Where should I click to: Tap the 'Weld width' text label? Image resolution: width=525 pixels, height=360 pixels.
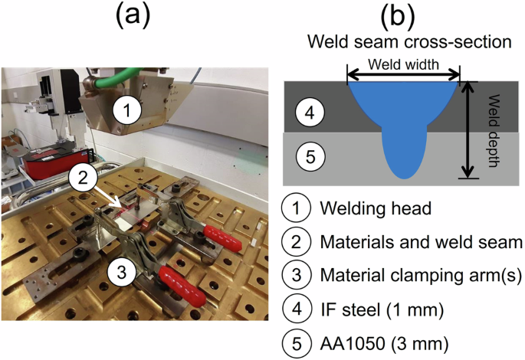point(403,65)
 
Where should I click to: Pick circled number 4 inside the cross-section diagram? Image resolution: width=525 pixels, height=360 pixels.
point(310,113)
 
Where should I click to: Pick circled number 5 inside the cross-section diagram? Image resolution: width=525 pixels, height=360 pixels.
point(310,158)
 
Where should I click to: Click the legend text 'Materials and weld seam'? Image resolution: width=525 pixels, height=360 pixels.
point(421,242)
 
